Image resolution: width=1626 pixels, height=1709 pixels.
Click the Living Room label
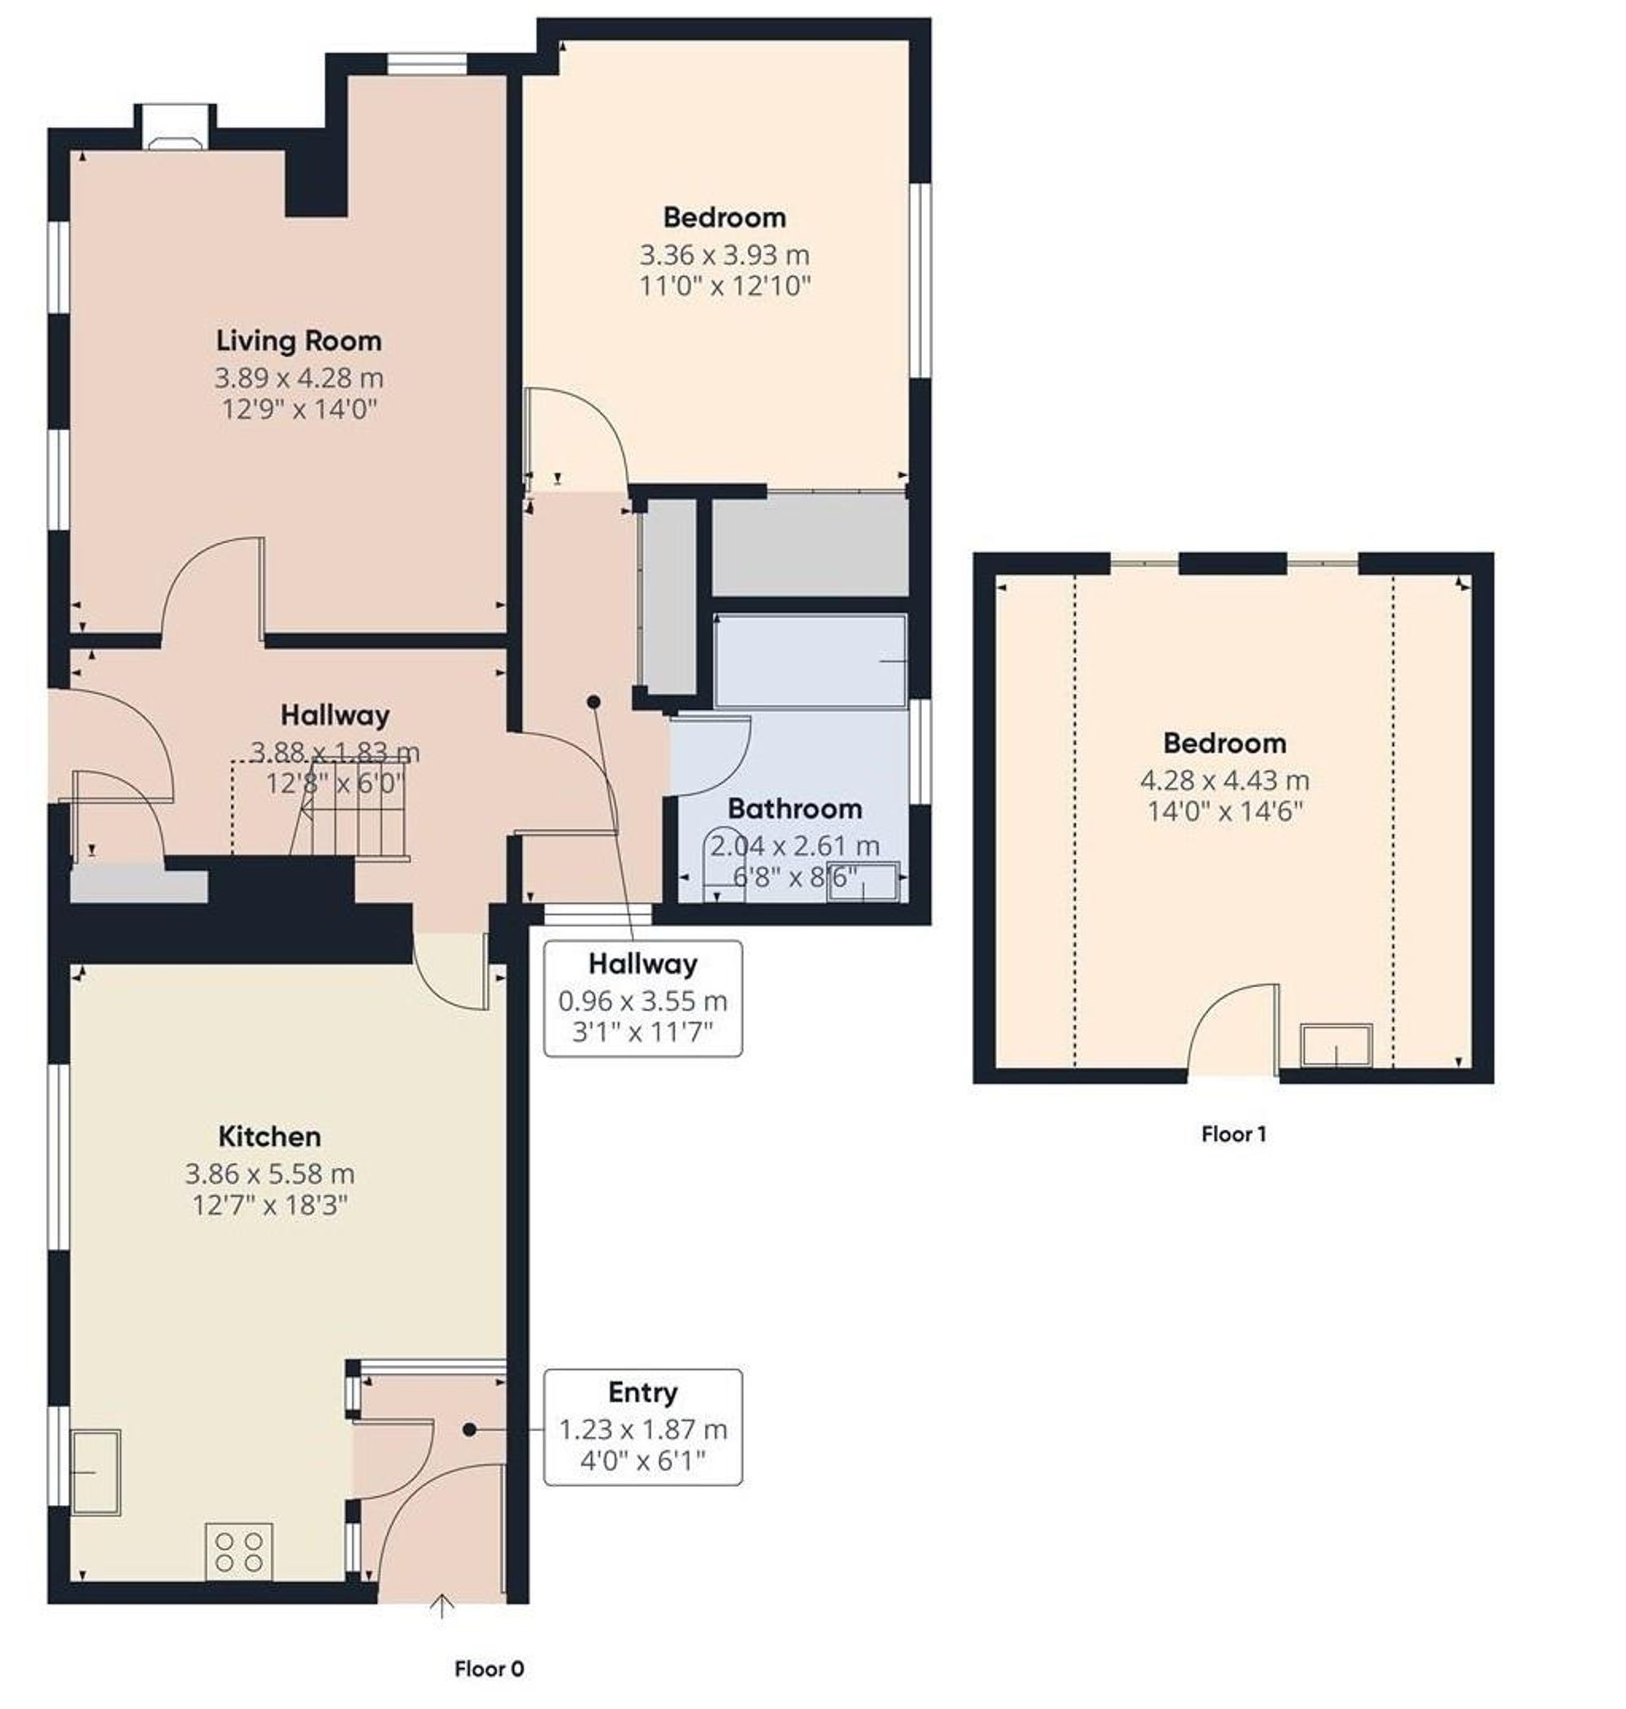tap(299, 341)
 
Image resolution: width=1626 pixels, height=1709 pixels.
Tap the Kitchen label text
tap(270, 1137)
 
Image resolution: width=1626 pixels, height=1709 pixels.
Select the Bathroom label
tap(795, 810)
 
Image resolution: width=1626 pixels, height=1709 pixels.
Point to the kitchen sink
tap(95, 1472)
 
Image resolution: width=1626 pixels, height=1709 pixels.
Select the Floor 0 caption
tap(489, 1669)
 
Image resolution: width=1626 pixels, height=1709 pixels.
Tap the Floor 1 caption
tap(1234, 1134)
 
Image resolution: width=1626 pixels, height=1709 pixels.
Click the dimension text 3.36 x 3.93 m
tap(724, 255)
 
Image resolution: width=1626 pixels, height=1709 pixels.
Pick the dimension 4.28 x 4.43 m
tap(1224, 781)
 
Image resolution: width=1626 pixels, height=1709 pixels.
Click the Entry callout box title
tap(642, 1393)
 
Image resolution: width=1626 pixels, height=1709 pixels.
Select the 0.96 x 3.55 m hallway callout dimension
tap(642, 1002)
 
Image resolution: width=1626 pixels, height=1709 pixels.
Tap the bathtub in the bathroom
tap(811, 661)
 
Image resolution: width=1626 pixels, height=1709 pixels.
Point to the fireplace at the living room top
tap(174, 130)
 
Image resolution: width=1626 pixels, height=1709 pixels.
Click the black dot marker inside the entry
tap(469, 1429)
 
